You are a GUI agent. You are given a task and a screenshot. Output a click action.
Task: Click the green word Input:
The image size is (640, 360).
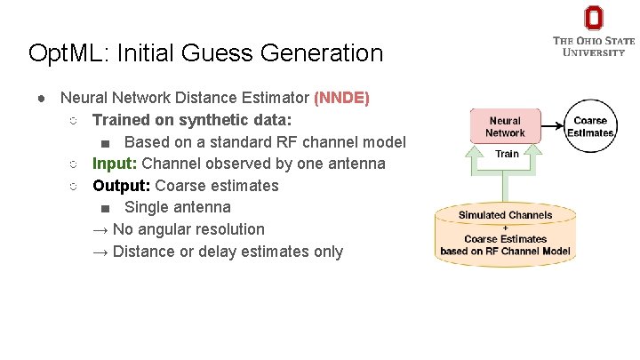[x=115, y=164]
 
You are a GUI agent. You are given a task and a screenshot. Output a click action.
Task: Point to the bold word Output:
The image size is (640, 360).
[x=122, y=186]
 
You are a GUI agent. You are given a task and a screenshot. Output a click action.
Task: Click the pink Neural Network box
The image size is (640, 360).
[x=505, y=126]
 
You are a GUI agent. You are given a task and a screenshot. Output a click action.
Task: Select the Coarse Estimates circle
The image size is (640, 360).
[x=590, y=126]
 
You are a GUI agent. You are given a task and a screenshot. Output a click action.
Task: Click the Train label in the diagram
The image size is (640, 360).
[x=507, y=154]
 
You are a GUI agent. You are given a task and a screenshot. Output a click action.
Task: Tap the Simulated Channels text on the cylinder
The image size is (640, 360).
[x=505, y=215]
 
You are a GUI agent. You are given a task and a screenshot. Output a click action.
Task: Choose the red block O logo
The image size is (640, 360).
[x=594, y=18]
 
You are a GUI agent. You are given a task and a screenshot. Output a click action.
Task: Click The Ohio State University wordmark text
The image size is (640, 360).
[x=594, y=46]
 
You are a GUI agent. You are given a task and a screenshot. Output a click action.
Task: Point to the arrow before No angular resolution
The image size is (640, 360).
[x=100, y=229]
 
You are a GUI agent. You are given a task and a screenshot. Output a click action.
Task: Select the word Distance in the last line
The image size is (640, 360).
[x=142, y=252]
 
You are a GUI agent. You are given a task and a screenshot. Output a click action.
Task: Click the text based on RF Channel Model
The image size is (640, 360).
[x=505, y=251]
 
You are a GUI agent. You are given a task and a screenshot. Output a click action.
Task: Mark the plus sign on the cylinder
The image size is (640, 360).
[x=505, y=228]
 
